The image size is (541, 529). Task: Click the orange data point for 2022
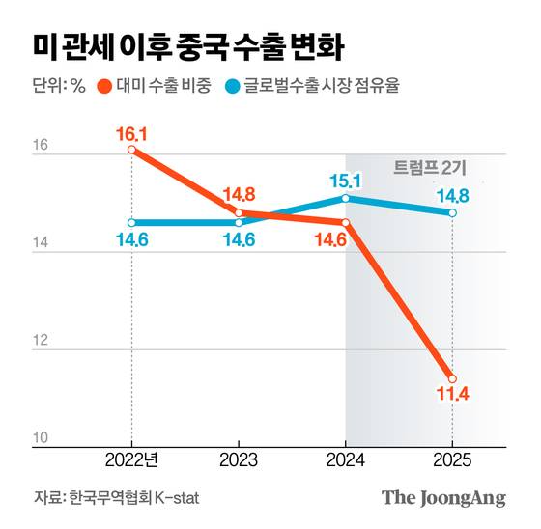click(x=130, y=150)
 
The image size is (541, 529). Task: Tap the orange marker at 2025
click(x=452, y=378)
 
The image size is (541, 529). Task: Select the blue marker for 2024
click(x=345, y=198)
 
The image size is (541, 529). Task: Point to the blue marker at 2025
click(x=452, y=212)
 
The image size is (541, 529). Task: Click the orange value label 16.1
click(x=130, y=130)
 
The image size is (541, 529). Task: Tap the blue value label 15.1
click(x=345, y=180)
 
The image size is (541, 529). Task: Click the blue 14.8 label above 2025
click(x=452, y=195)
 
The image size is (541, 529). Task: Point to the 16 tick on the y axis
click(x=41, y=147)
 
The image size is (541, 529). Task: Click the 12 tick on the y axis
click(x=41, y=342)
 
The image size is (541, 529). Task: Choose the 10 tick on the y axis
click(x=41, y=437)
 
